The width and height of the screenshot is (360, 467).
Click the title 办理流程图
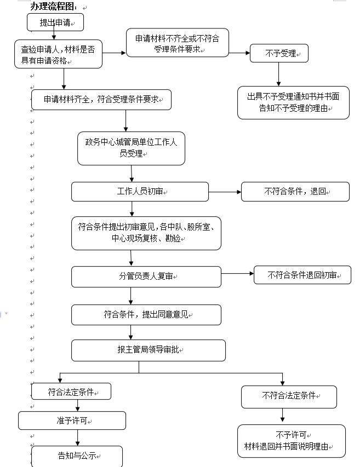point(54,7)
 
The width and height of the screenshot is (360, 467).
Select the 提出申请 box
point(55,22)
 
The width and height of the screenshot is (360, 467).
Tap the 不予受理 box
point(279,53)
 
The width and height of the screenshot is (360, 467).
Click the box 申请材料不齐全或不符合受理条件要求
point(178,43)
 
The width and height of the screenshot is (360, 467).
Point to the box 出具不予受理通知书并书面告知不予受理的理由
point(293,103)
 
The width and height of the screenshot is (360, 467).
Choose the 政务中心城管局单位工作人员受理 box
point(131,148)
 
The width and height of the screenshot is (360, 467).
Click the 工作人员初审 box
point(140,192)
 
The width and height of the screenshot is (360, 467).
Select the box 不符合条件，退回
point(295,192)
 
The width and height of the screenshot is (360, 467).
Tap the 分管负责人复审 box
point(146,276)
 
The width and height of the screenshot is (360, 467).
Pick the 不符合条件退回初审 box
point(302,275)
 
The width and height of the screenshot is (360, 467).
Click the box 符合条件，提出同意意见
point(146,315)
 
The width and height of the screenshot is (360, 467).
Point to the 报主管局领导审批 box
point(148,350)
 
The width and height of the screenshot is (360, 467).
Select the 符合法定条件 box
point(71,391)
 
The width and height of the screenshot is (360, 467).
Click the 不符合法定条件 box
point(289,397)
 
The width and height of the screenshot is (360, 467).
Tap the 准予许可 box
point(72,420)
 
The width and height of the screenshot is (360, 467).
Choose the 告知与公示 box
point(77,456)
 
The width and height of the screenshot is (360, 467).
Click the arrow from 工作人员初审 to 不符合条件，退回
point(225,192)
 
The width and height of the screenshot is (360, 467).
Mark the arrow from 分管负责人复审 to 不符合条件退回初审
point(237,273)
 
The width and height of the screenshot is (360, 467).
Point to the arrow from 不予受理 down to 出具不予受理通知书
point(279,74)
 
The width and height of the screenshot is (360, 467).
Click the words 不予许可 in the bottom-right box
point(291,435)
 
